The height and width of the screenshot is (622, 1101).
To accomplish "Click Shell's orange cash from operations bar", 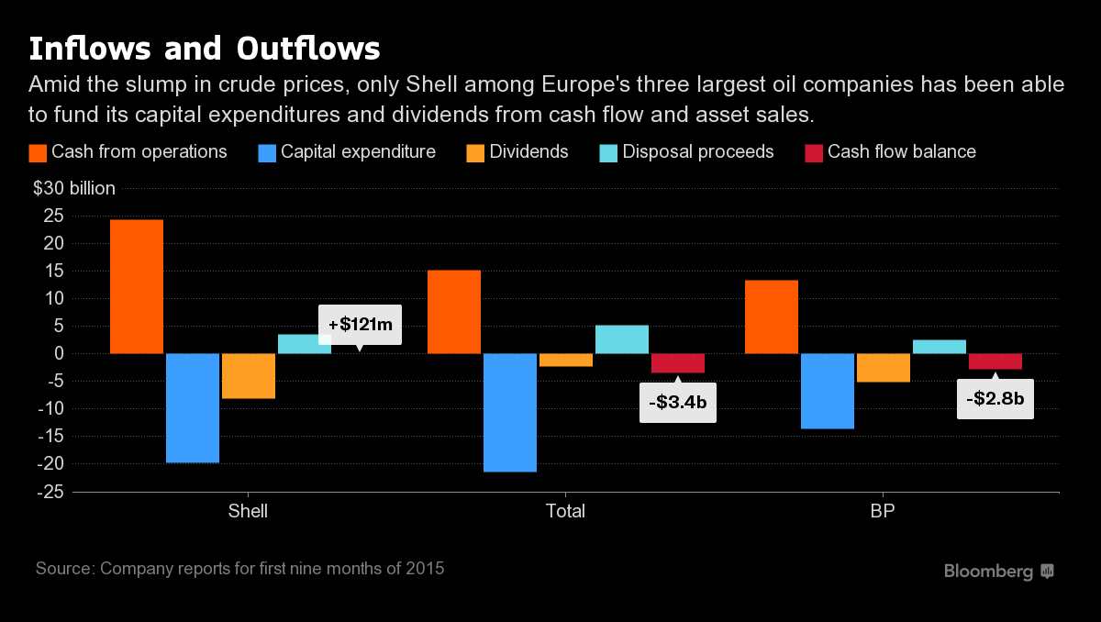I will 137,286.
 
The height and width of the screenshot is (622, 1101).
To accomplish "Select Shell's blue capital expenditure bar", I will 193,407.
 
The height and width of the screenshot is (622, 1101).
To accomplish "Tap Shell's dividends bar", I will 249,376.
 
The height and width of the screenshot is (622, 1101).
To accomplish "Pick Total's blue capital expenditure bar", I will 510,412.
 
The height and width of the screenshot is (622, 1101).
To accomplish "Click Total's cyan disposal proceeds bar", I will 622,339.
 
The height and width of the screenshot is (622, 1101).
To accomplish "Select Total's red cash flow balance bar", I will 678,363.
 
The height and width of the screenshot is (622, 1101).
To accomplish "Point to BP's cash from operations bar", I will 772,317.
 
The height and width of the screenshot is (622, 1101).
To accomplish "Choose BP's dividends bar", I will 884,368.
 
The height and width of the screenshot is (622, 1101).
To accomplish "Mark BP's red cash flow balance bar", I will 995,361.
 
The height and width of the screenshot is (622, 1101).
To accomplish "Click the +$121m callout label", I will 360,324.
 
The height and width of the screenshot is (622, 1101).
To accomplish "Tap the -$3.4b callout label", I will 678,403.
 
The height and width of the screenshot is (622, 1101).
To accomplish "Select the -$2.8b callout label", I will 995,399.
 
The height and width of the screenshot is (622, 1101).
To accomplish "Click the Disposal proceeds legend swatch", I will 607,152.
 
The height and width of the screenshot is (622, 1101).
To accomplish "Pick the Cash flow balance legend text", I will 902,152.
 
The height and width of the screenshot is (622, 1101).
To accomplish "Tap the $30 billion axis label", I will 74,189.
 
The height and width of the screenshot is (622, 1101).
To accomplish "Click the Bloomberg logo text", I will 988,572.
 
